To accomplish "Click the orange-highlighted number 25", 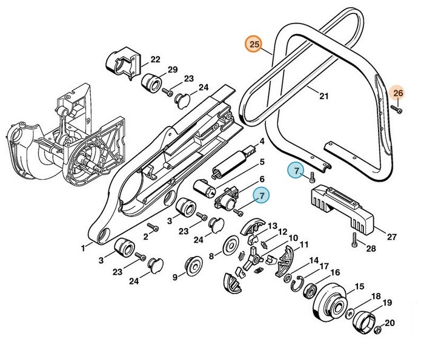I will coord(254,45).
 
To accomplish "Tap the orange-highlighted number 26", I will coord(397,93).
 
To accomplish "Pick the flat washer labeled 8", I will coord(230,247).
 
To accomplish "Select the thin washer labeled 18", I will coord(349,313).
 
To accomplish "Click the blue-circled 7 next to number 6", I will coord(262,195).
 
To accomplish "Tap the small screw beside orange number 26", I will coord(394,109).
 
